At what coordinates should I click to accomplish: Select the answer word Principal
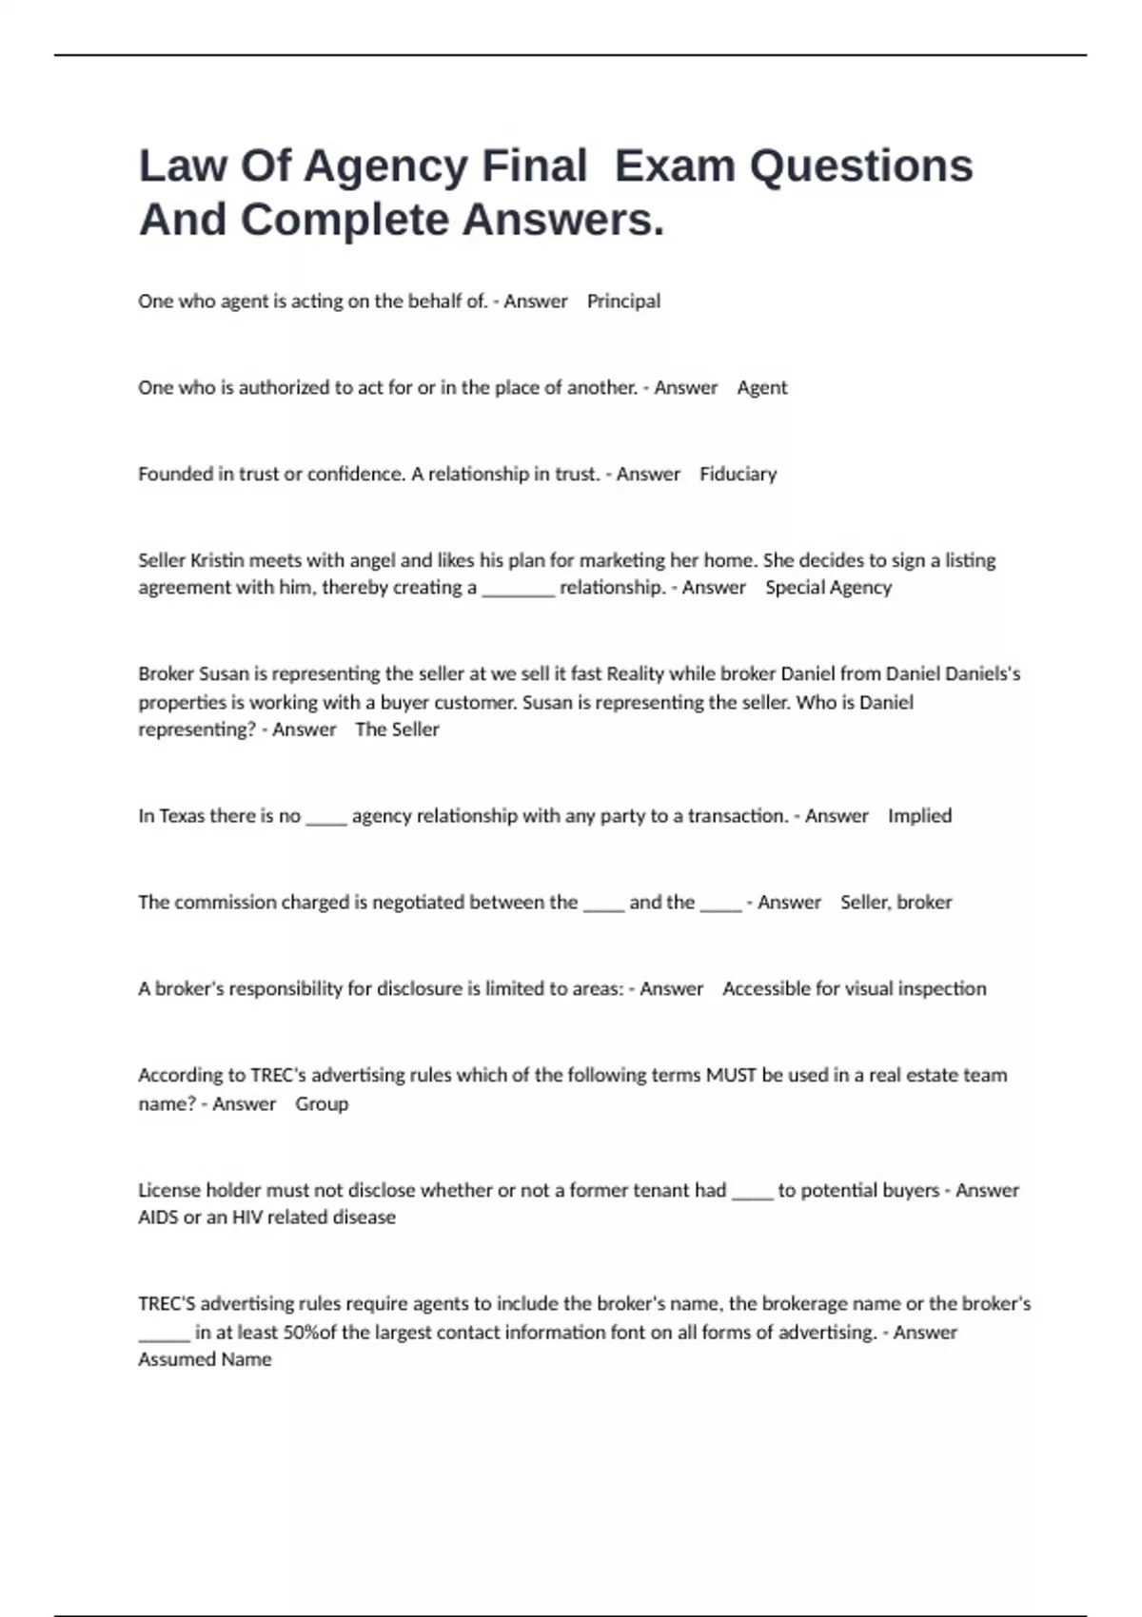(623, 302)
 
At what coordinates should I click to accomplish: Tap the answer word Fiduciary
(738, 474)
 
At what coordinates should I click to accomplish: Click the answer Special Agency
(828, 588)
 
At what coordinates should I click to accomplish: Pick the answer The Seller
(397, 730)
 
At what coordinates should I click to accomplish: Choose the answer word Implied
(919, 816)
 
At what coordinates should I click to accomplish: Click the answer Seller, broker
(896, 903)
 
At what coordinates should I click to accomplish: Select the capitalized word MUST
(730, 1076)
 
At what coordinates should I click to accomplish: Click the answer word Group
(322, 1104)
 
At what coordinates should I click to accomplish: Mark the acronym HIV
(247, 1218)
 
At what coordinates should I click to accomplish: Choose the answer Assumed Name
(205, 1360)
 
